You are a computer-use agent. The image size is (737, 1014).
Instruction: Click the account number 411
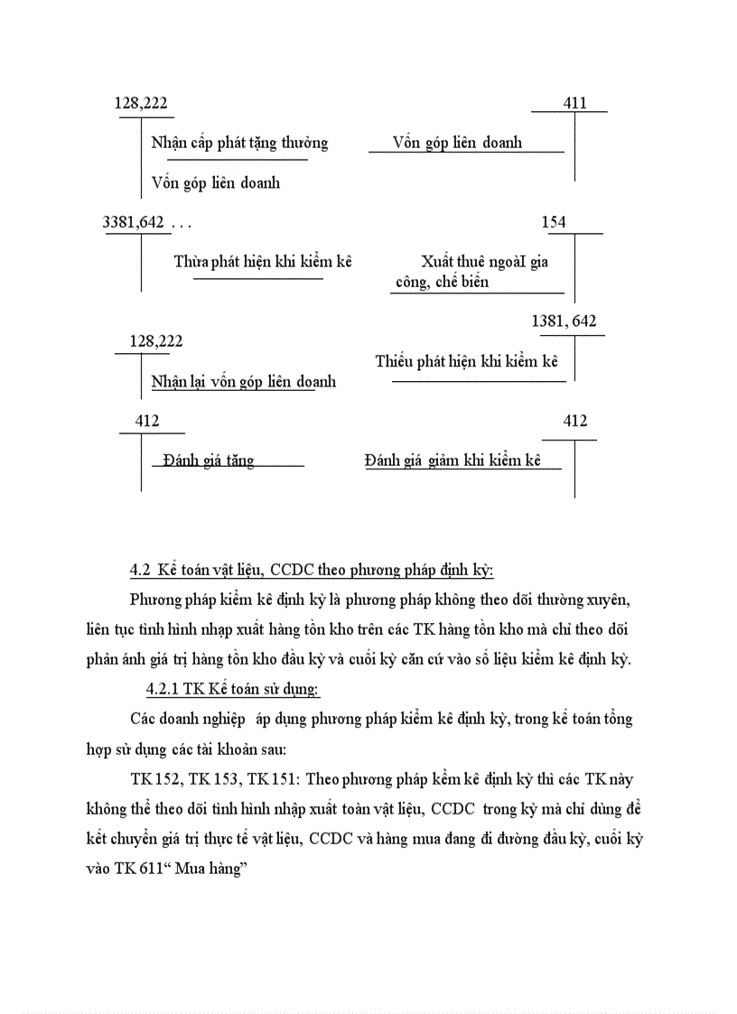coord(574,103)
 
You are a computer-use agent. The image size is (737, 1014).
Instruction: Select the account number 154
coord(554,222)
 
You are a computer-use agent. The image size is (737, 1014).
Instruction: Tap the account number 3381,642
coord(135,222)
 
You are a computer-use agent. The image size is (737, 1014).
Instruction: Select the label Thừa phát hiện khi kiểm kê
coord(262,262)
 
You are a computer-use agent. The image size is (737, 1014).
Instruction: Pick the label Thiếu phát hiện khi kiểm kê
coord(468,362)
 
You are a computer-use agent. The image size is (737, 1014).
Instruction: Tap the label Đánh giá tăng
coord(209,460)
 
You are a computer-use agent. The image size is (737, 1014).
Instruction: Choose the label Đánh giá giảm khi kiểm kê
coord(452,460)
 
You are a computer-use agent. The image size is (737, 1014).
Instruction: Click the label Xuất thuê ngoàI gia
coord(484,262)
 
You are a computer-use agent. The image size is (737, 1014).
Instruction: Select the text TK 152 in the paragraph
coord(155,779)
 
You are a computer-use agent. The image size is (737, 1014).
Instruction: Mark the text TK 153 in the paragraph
coord(214,779)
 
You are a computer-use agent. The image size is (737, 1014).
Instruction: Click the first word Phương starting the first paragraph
coord(154,600)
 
